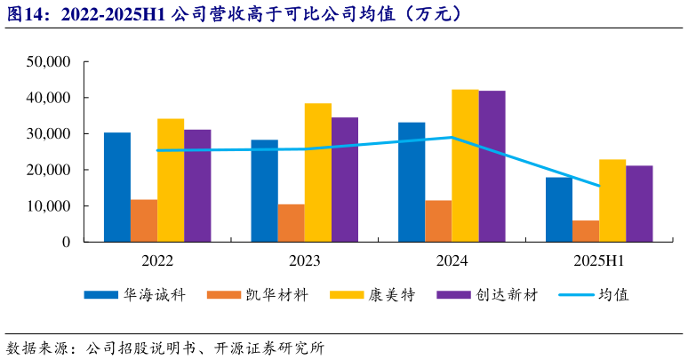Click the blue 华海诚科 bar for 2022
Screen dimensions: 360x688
click(x=117, y=188)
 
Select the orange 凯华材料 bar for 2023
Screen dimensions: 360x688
click(x=291, y=223)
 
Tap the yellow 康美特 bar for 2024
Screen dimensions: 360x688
click(x=465, y=165)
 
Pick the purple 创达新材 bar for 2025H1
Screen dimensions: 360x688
click(x=639, y=204)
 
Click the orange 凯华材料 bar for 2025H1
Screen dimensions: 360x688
click(x=585, y=231)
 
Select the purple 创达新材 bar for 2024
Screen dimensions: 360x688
click(x=492, y=166)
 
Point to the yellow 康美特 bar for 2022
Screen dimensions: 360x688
click(x=171, y=180)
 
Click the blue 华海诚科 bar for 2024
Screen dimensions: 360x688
click(x=412, y=182)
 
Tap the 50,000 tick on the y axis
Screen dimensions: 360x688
click(x=48, y=62)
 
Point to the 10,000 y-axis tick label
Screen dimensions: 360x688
click(x=48, y=206)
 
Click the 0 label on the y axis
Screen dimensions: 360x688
click(x=66, y=242)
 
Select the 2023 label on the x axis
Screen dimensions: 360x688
click(x=304, y=261)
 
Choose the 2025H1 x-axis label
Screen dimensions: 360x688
click(x=598, y=261)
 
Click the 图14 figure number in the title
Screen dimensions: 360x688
click(x=26, y=14)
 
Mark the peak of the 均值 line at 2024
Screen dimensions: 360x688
click(x=452, y=138)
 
